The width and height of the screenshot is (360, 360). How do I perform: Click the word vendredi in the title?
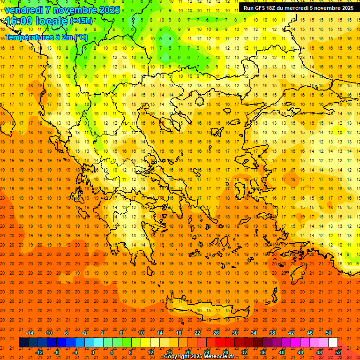tap(25, 9)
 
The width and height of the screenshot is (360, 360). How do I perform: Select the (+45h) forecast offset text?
tap(81, 21)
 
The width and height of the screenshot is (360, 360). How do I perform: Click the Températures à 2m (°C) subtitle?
tap(46, 37)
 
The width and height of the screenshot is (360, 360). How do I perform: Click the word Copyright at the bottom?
tap(176, 357)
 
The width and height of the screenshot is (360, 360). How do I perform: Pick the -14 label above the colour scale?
tap(30, 333)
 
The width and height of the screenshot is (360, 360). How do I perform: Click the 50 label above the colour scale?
tap(329, 333)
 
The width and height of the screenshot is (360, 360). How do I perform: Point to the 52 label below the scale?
tap(338, 352)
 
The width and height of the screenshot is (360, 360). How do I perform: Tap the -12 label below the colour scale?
tap(39, 352)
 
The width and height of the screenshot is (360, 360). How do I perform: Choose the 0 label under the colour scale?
tap(93, 352)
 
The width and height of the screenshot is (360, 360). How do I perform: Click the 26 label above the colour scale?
tap(216, 333)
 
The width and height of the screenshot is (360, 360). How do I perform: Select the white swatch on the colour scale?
tap(333, 343)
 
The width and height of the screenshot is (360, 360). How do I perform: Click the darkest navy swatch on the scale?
tap(23, 343)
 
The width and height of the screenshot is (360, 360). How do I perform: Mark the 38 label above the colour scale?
tap(272, 333)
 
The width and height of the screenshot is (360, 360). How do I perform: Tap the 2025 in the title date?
tap(108, 9)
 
